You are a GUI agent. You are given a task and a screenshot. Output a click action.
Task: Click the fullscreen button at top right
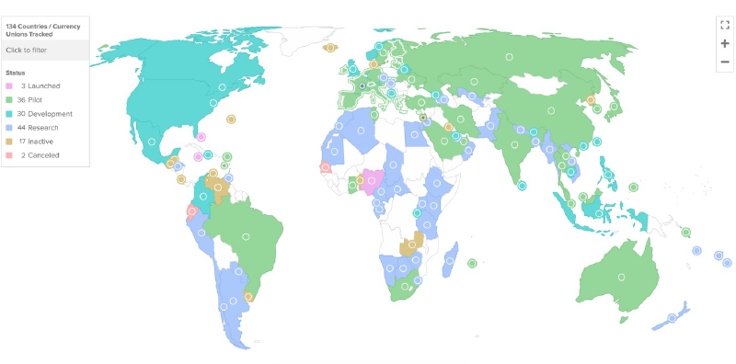[725, 25]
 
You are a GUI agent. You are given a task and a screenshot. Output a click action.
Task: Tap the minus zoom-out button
[725, 62]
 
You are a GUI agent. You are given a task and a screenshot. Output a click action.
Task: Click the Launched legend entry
[37, 85]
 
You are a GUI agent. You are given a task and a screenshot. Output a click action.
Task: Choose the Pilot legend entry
[34, 98]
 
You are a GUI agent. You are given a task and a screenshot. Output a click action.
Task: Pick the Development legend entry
[42, 112]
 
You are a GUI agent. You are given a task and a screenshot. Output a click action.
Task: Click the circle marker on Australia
[622, 277]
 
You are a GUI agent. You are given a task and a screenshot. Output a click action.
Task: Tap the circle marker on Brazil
[246, 237]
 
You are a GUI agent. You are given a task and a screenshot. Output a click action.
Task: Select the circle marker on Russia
[509, 58]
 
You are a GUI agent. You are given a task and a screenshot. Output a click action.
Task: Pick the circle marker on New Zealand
[673, 318]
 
